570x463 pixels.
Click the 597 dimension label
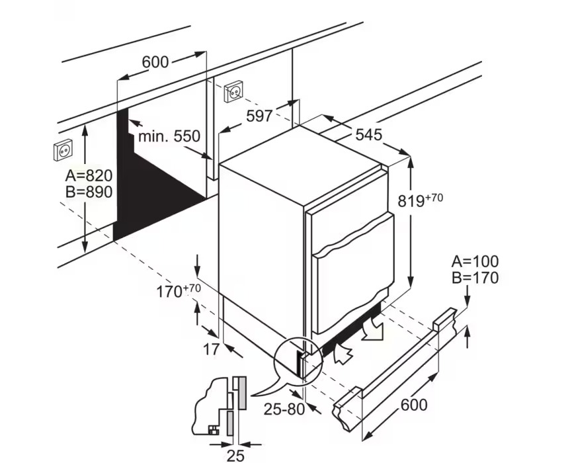point(259,116)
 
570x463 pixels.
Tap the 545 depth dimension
point(369,135)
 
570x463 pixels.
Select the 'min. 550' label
point(169,136)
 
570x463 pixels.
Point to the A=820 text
point(89,176)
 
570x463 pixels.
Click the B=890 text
point(89,192)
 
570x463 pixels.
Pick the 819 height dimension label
point(421,200)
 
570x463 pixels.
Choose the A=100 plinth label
point(475,261)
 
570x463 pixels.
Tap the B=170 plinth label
point(475,278)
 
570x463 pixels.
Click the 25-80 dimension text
point(284,409)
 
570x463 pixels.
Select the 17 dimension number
point(211,349)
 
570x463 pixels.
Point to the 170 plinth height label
point(179,291)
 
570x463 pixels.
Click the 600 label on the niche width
point(155,62)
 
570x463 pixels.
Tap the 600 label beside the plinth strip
point(414,405)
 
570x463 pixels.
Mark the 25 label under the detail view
point(235,455)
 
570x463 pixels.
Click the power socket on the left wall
point(63,150)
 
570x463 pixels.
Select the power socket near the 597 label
point(233,92)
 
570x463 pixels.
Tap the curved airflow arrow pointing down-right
point(372,329)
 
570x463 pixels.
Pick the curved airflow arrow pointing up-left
point(342,351)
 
